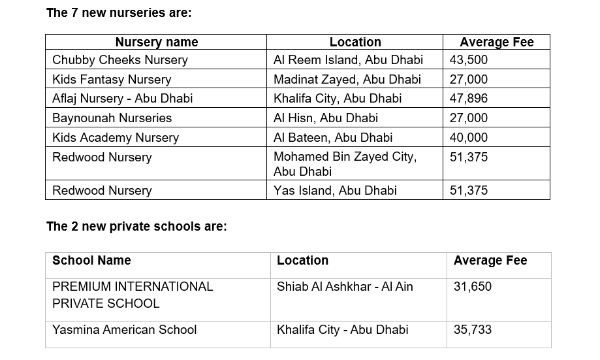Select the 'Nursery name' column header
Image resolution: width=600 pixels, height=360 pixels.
point(156,42)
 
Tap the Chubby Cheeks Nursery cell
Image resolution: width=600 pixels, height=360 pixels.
point(120,60)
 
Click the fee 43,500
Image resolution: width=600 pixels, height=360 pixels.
point(469,60)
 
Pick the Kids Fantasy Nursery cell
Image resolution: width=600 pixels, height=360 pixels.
point(112,80)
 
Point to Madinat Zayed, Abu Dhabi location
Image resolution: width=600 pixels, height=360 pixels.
point(347,80)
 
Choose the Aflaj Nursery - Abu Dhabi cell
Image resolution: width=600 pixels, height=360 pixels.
point(122,99)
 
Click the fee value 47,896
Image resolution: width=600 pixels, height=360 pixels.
point(469,99)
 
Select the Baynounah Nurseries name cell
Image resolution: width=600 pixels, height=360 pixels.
point(112,118)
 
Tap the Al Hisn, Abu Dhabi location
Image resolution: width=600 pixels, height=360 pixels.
point(326,118)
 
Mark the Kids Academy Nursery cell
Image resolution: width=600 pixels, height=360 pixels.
point(116,138)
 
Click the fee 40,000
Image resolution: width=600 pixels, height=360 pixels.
point(469,138)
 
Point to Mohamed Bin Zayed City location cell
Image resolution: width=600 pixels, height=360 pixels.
point(345,164)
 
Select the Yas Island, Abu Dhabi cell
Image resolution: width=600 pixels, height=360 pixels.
point(335,191)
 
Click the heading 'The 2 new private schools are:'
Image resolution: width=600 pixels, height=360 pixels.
point(136,227)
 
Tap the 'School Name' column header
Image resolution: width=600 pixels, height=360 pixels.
point(91,261)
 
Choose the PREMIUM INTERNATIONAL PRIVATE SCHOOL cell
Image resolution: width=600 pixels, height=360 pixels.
point(133,295)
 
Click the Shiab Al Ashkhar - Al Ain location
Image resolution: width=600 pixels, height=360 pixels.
point(345,287)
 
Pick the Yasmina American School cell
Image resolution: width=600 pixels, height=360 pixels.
point(124,330)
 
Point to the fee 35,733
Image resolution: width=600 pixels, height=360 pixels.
point(473,330)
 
